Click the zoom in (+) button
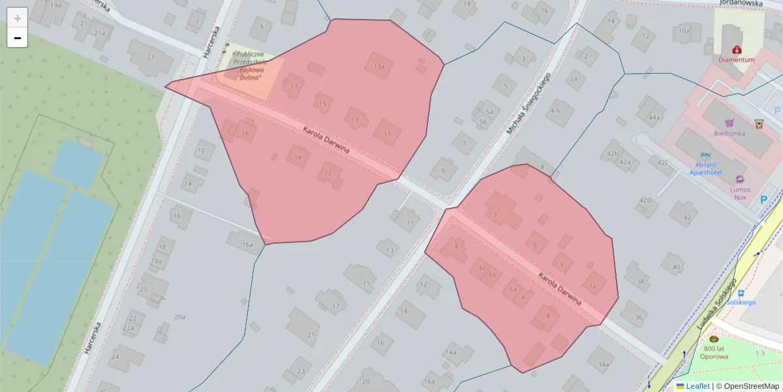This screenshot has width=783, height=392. tap(18, 18)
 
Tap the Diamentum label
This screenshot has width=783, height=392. tap(737, 59)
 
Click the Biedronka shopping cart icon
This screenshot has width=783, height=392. tap(729, 123)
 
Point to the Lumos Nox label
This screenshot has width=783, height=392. tap(739, 193)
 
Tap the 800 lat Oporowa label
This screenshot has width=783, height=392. tap(714, 352)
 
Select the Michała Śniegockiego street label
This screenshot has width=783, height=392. tap(528, 103)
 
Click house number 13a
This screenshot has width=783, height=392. tap(379, 66)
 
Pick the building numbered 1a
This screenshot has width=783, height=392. tap(592, 286)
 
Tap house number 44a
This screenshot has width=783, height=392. tap(654, 118)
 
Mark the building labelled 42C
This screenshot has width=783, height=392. tap(663, 163)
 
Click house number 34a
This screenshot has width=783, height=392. tap(604, 365)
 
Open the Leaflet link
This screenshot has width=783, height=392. tap(698, 386)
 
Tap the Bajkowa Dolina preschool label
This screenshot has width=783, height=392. tap(249, 66)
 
